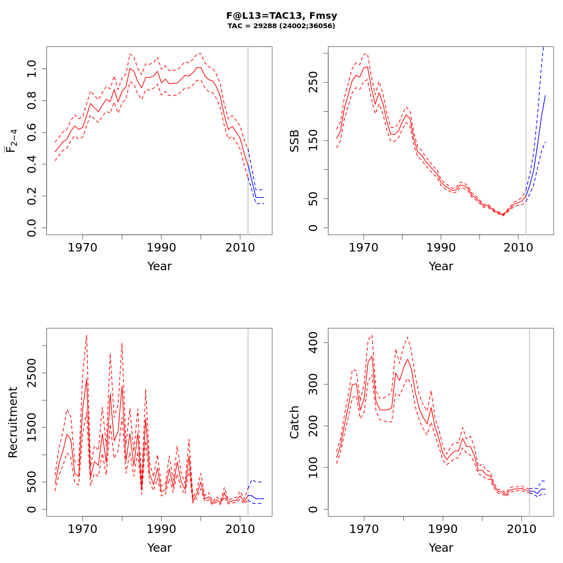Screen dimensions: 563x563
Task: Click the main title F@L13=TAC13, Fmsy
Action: tap(281, 16)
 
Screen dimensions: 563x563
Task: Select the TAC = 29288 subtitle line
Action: tap(281, 26)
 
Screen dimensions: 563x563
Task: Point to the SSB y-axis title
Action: tap(295, 141)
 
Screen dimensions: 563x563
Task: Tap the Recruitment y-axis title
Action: tap(13, 422)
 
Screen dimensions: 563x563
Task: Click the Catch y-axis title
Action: tap(295, 422)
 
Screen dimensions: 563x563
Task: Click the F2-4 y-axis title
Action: tap(12, 141)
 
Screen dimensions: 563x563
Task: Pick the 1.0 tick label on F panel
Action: tap(32, 69)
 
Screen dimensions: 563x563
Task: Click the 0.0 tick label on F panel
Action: tap(32, 228)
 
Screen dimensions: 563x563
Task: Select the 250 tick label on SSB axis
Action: tap(313, 82)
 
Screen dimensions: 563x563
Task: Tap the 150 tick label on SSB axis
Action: tap(313, 140)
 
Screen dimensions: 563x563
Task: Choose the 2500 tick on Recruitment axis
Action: tap(32, 373)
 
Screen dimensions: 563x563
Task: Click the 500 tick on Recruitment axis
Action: tap(32, 482)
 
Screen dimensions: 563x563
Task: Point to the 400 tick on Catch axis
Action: tap(313, 342)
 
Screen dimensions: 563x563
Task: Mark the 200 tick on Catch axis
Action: tap(313, 426)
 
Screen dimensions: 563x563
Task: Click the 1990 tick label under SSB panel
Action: tap(441, 247)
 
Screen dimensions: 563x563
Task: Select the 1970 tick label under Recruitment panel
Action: tap(83, 529)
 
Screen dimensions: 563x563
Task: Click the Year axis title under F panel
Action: tap(160, 266)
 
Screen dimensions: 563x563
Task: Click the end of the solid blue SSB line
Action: tap(546, 95)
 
